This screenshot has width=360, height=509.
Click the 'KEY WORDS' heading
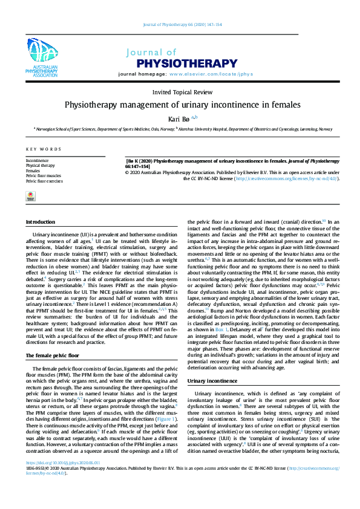click(44, 149)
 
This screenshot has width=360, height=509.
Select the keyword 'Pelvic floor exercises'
click(44, 181)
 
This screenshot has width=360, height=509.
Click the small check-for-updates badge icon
click(30, 195)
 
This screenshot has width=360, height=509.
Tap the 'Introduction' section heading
click(41, 222)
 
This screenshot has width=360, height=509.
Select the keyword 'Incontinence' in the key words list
click(38, 161)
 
